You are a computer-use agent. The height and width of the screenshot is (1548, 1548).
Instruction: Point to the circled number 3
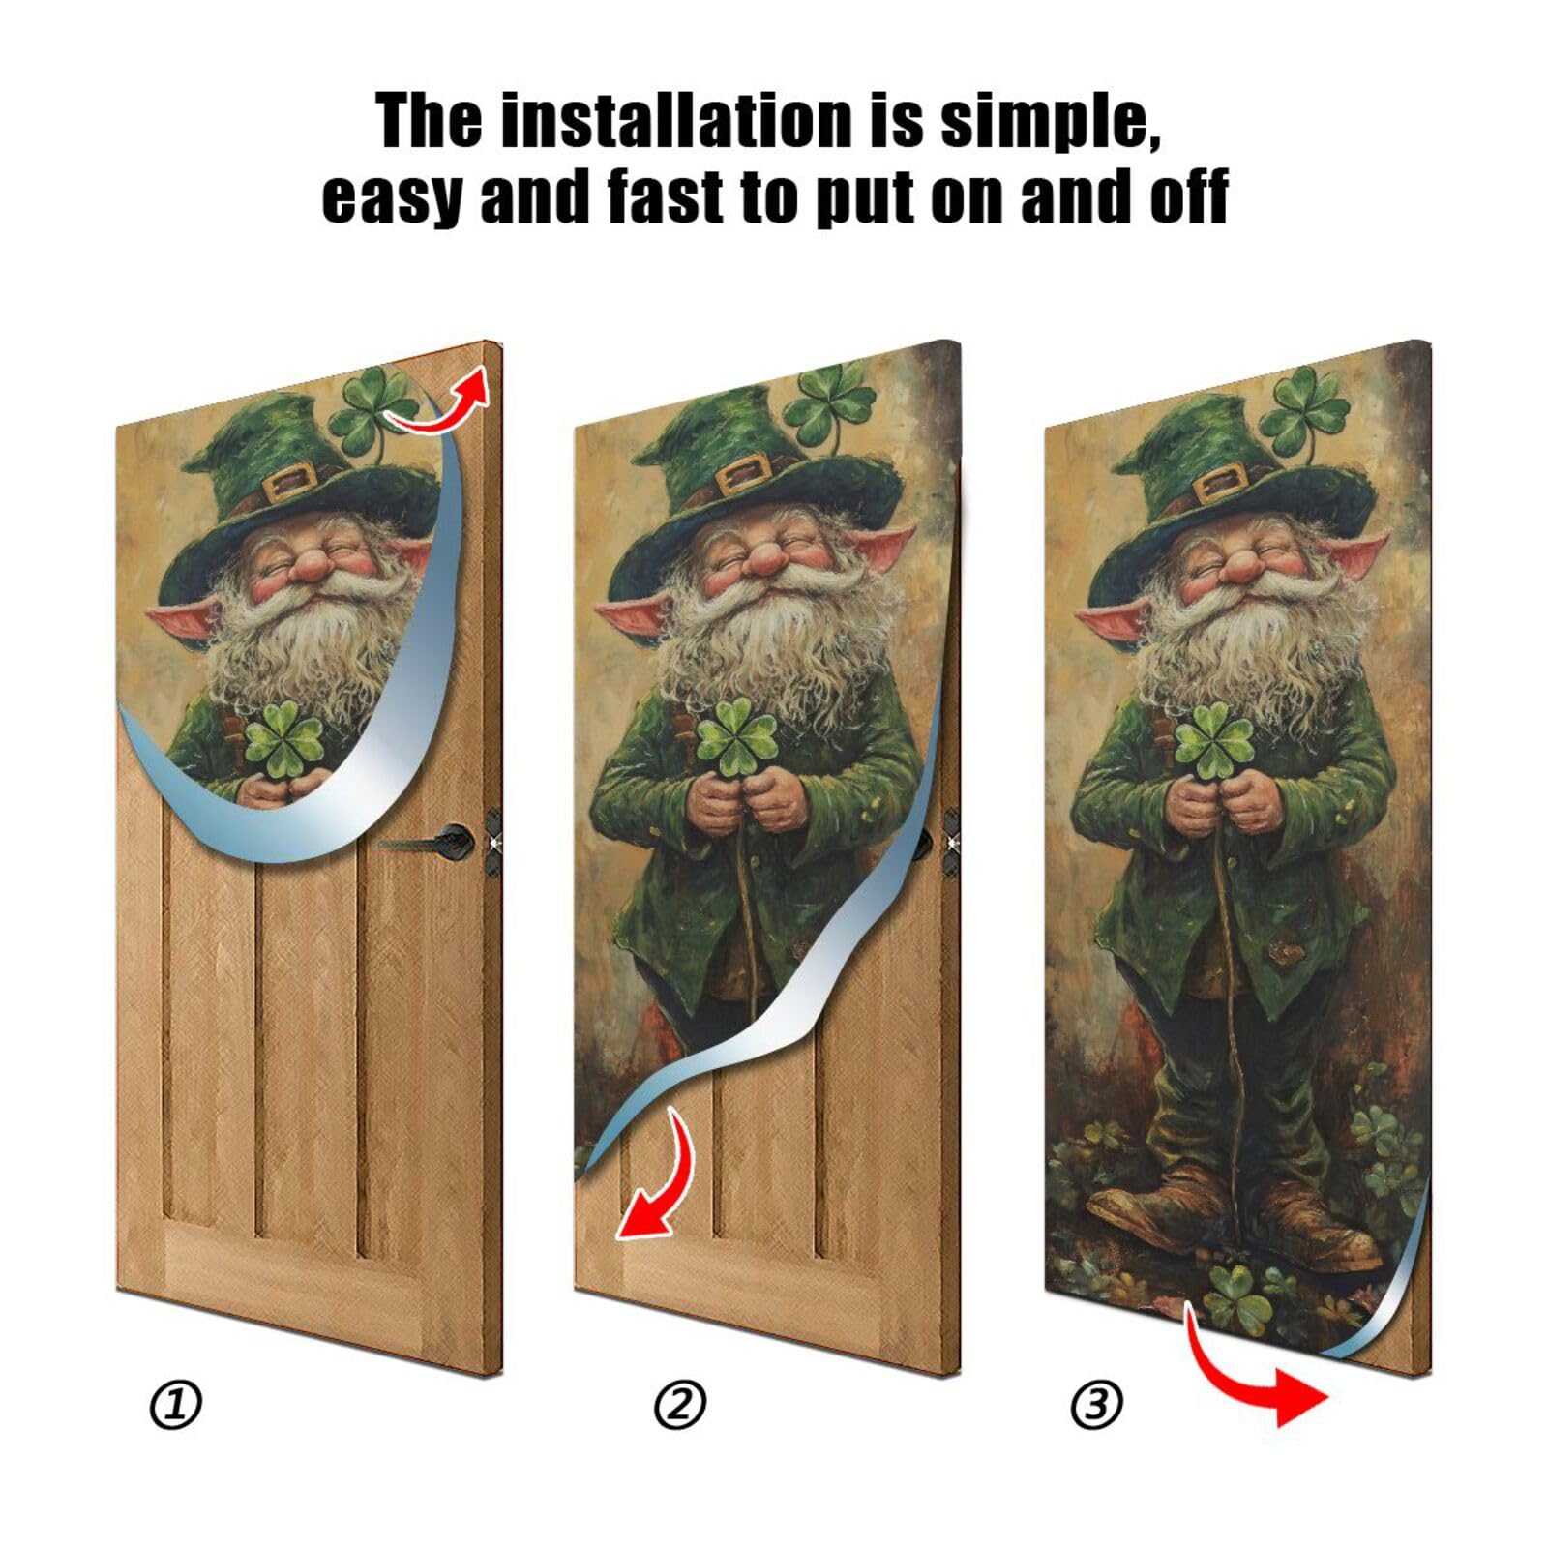tap(1096, 1404)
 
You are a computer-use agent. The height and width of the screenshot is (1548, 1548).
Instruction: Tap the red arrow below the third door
tap(1258, 1374)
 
